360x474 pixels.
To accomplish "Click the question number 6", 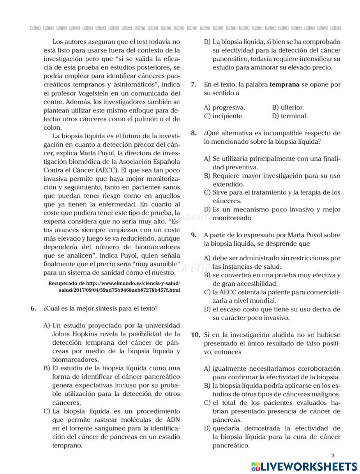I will (x=33, y=308).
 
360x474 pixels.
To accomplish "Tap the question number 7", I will (x=194, y=85).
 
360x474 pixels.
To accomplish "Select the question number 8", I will (x=194, y=133).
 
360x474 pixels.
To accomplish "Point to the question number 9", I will (x=194, y=235).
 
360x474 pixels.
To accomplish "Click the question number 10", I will (x=195, y=335).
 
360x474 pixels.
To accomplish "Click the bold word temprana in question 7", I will (x=284, y=85).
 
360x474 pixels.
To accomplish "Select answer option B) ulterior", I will (x=288, y=107).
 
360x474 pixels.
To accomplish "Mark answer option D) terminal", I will (x=290, y=116).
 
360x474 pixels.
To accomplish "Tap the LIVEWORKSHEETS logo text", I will (x=308, y=466).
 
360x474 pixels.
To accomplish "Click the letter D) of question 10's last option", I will (x=207, y=428).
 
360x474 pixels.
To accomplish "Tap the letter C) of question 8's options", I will (x=207, y=192).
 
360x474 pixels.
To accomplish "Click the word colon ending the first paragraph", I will (x=53, y=128).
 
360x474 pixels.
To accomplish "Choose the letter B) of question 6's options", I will (x=46, y=368).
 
